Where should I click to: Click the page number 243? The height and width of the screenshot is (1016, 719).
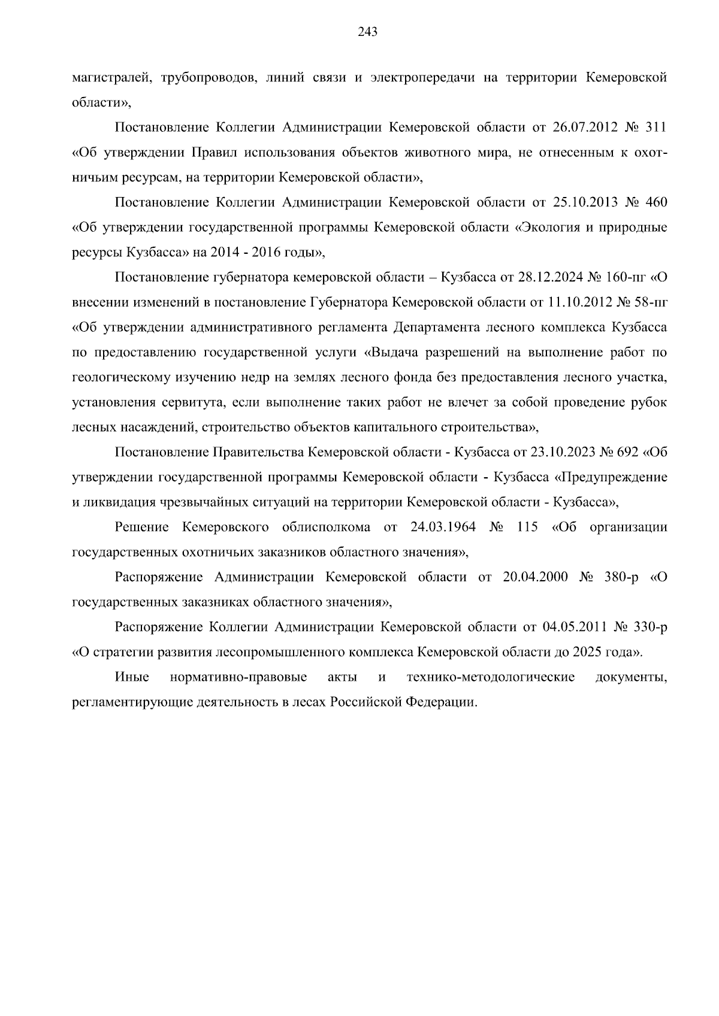click(x=367, y=33)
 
